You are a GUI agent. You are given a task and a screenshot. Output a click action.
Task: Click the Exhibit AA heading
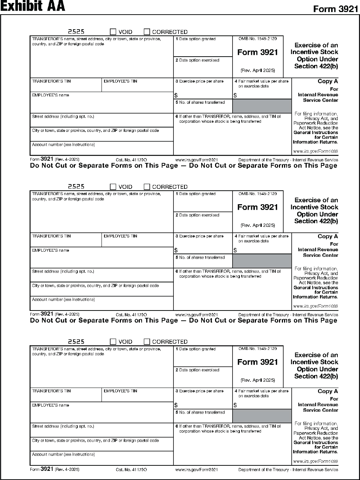(x=33, y=6)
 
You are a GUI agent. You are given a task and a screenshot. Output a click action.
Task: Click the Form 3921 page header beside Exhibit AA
(x=336, y=9)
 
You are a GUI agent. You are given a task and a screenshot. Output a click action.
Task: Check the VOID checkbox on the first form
(x=113, y=32)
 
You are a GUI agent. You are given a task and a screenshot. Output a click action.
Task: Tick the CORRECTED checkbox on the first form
(x=147, y=32)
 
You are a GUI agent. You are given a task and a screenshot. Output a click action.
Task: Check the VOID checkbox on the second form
(x=113, y=187)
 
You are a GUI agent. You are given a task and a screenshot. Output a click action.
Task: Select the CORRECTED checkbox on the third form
(x=147, y=342)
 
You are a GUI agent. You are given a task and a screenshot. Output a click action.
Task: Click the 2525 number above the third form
(x=76, y=342)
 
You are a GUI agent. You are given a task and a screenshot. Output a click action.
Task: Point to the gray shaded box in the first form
(x=262, y=106)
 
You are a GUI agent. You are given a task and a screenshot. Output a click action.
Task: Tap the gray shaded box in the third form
(x=262, y=416)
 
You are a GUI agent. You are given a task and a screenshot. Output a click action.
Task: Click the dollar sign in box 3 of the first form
(x=176, y=95)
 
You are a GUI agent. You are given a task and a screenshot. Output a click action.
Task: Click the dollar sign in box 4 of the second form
(x=235, y=250)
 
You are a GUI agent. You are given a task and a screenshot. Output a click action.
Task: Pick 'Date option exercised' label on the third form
(x=199, y=370)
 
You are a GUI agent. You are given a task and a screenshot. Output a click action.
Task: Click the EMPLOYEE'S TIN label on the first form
(x=120, y=81)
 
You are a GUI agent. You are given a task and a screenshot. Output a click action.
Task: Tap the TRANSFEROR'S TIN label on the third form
(x=51, y=391)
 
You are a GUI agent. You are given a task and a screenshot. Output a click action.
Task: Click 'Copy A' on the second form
(x=328, y=236)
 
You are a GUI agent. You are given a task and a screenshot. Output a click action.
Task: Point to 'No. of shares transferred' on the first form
(x=202, y=103)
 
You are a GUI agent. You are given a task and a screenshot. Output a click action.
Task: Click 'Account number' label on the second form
(x=63, y=300)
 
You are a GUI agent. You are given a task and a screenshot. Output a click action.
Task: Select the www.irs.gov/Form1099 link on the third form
(x=315, y=461)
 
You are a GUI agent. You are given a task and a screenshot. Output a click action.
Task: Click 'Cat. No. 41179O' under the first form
(x=131, y=160)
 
